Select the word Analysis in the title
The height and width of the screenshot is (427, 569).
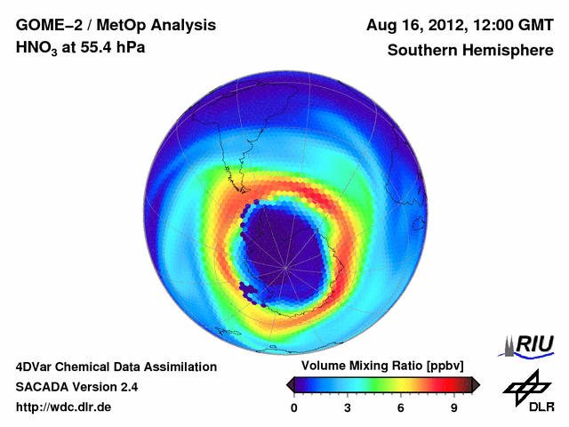click(184, 25)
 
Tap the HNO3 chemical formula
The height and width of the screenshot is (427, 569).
click(37, 48)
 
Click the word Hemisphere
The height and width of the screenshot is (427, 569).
click(509, 51)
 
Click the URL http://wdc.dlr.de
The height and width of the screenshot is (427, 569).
click(64, 407)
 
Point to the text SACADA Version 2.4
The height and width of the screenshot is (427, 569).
click(76, 387)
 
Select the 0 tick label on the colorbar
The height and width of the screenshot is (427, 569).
click(295, 407)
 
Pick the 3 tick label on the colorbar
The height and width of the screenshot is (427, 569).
click(348, 407)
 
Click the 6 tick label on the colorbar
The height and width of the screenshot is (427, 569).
click(401, 407)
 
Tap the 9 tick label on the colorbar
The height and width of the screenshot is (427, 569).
click(453, 407)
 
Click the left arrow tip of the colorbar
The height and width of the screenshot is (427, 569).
click(290, 384)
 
